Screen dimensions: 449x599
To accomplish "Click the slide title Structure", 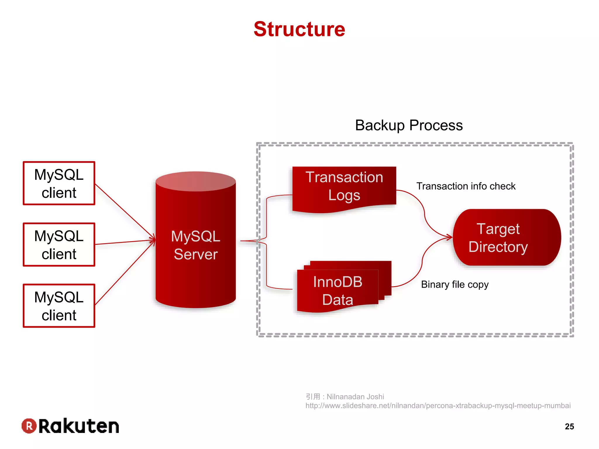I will coord(299,29).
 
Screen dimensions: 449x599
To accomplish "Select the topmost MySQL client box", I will coord(59,183).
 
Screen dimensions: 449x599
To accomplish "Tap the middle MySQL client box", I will coord(59,245).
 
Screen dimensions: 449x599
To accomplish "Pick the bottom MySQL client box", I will coord(59,306).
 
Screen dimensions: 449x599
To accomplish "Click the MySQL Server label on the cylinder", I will coord(196,245).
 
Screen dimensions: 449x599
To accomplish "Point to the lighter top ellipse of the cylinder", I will coord(196,181).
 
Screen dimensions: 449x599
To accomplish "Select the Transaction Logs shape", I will coord(344,187).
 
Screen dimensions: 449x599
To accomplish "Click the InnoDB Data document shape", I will coord(338,291).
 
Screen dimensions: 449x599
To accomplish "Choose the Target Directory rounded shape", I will coord(507,237).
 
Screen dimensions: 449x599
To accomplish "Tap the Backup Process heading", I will coord(409,125).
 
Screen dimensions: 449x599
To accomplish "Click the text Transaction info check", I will coord(466,186).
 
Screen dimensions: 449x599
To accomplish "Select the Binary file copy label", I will coord(455,284).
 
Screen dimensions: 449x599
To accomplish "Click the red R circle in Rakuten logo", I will coord(29,426).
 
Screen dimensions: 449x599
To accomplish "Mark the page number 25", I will coord(569,426).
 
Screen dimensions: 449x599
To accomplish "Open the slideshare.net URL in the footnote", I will coord(438,406).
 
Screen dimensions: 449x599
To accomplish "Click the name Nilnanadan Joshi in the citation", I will coord(355,397).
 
